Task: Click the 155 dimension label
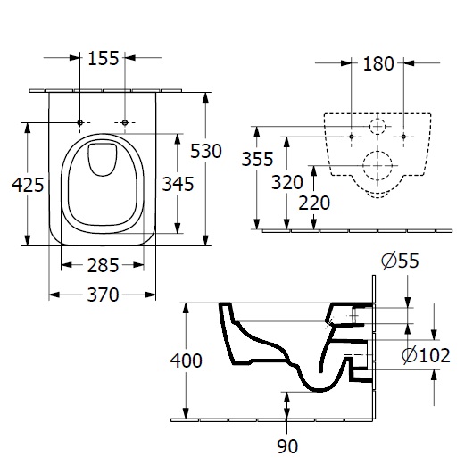(x=104, y=58)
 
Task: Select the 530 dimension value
(x=206, y=151)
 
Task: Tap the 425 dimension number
(x=28, y=185)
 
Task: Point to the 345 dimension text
(x=178, y=184)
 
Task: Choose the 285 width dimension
(x=103, y=265)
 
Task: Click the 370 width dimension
(x=103, y=295)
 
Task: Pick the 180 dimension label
(x=378, y=63)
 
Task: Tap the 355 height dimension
(x=257, y=159)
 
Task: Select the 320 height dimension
(x=286, y=182)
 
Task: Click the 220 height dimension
(x=314, y=203)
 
